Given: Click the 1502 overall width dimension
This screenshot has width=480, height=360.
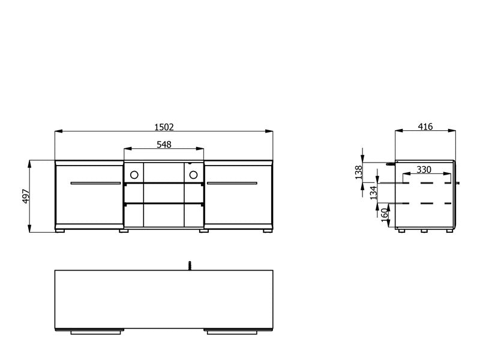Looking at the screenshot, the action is tap(164, 127).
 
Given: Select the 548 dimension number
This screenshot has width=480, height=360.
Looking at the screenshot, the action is tap(164, 145).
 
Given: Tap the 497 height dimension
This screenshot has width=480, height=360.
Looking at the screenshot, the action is tap(26, 196).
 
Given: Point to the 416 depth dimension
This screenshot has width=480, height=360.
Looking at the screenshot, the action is tap(425, 127).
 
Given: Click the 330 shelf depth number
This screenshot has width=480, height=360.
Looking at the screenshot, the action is tap(424, 170).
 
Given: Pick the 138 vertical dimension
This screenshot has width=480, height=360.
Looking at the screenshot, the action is tap(358, 172).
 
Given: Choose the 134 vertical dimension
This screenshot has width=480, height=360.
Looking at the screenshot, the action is tap(374, 193).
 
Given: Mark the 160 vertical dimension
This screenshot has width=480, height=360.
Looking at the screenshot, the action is tap(385, 214).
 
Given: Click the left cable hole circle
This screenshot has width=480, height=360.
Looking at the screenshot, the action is tap(134, 175).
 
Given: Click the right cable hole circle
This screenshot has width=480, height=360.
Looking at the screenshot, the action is tap(193, 175).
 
